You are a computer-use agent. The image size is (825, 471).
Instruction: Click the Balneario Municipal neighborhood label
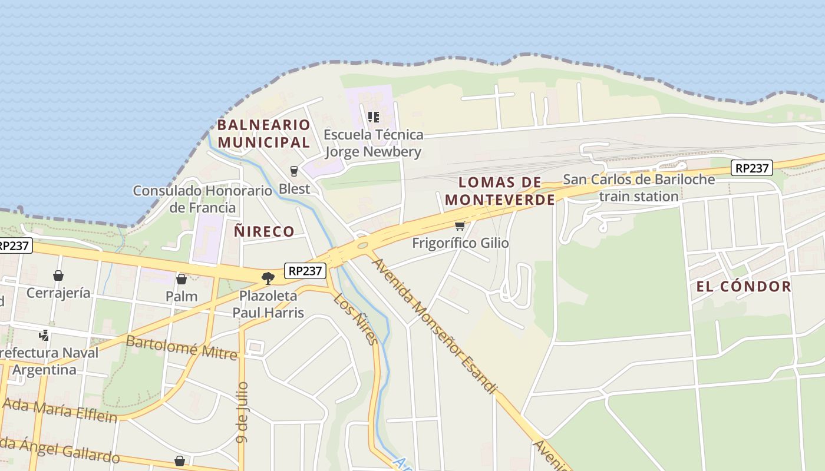263,133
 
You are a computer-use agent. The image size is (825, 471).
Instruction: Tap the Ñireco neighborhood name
264,231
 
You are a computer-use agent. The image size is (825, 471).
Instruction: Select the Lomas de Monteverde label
500,191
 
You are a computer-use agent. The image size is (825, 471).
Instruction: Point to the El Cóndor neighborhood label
744,287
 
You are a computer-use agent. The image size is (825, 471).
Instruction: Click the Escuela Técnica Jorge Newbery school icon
373,117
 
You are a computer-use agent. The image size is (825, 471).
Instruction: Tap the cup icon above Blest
294,171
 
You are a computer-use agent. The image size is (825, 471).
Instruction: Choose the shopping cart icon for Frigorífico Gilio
460,226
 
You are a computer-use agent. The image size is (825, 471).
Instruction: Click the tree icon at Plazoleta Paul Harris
268,278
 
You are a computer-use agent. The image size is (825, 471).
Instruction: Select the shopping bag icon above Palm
181,279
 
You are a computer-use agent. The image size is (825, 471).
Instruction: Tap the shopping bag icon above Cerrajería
58,276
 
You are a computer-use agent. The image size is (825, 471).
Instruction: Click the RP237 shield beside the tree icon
305,271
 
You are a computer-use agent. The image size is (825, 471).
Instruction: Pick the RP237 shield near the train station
752,168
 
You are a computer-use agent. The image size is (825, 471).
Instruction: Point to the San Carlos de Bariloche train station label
639,188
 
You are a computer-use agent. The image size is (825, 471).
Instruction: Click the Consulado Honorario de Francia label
202,199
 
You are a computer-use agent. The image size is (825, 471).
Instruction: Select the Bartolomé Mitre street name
181,347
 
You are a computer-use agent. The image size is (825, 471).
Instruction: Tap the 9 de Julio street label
242,412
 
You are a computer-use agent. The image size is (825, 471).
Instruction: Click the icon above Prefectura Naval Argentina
44,336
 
